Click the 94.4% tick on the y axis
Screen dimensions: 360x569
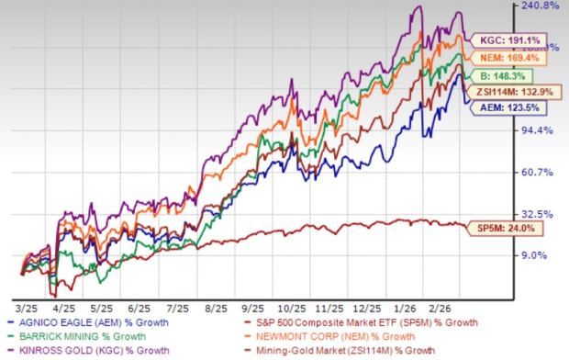[x=541, y=130]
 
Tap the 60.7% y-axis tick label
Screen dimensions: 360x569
[x=541, y=172]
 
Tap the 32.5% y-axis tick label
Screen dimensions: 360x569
[x=541, y=213]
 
